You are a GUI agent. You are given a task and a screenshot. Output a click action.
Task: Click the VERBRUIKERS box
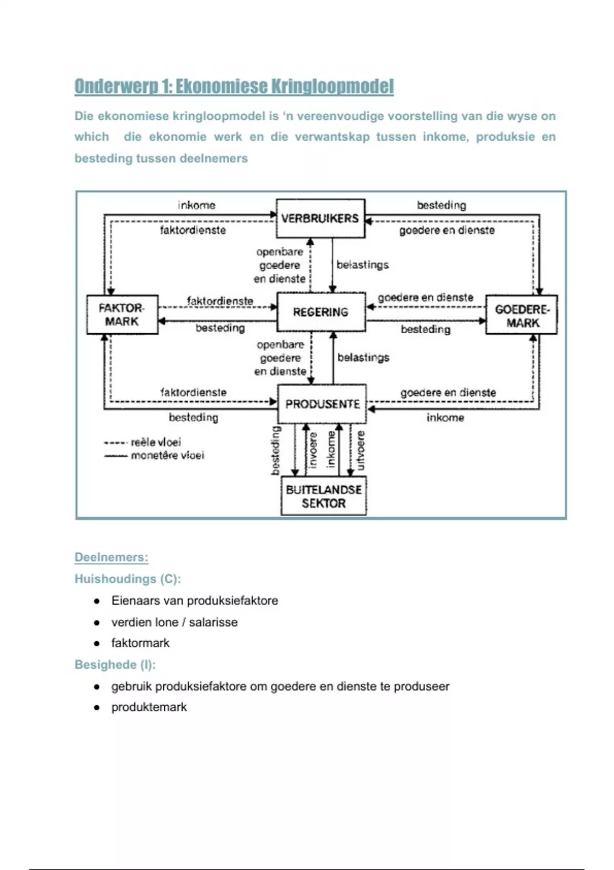click(320, 219)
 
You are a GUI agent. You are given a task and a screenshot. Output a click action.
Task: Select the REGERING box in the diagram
click(321, 312)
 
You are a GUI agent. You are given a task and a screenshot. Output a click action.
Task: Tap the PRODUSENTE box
click(322, 404)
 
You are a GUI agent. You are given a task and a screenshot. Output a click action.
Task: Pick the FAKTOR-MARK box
click(122, 315)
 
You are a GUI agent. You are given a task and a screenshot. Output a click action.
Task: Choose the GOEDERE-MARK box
click(521, 315)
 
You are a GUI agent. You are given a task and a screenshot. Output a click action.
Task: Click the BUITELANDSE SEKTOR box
click(324, 496)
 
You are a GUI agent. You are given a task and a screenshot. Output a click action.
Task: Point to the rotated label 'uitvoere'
click(361, 450)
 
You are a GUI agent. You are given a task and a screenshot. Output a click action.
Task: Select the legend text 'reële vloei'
click(156, 442)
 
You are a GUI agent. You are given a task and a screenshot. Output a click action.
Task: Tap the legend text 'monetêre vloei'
click(167, 455)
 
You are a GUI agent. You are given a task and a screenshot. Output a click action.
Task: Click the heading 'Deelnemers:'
click(112, 557)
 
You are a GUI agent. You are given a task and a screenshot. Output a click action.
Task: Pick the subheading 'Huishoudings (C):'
click(127, 579)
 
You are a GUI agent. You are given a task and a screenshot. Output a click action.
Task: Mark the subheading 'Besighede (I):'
click(115, 665)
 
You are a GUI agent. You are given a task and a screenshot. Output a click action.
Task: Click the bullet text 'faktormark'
click(140, 643)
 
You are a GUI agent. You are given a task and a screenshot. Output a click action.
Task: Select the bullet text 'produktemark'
click(149, 707)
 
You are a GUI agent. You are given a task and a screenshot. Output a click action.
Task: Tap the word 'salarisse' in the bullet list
click(213, 622)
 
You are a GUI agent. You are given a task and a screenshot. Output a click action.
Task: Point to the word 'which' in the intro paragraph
click(92, 137)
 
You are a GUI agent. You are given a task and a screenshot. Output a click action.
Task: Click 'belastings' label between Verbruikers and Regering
click(362, 265)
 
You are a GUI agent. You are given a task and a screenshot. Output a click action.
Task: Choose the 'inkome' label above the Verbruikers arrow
click(196, 205)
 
